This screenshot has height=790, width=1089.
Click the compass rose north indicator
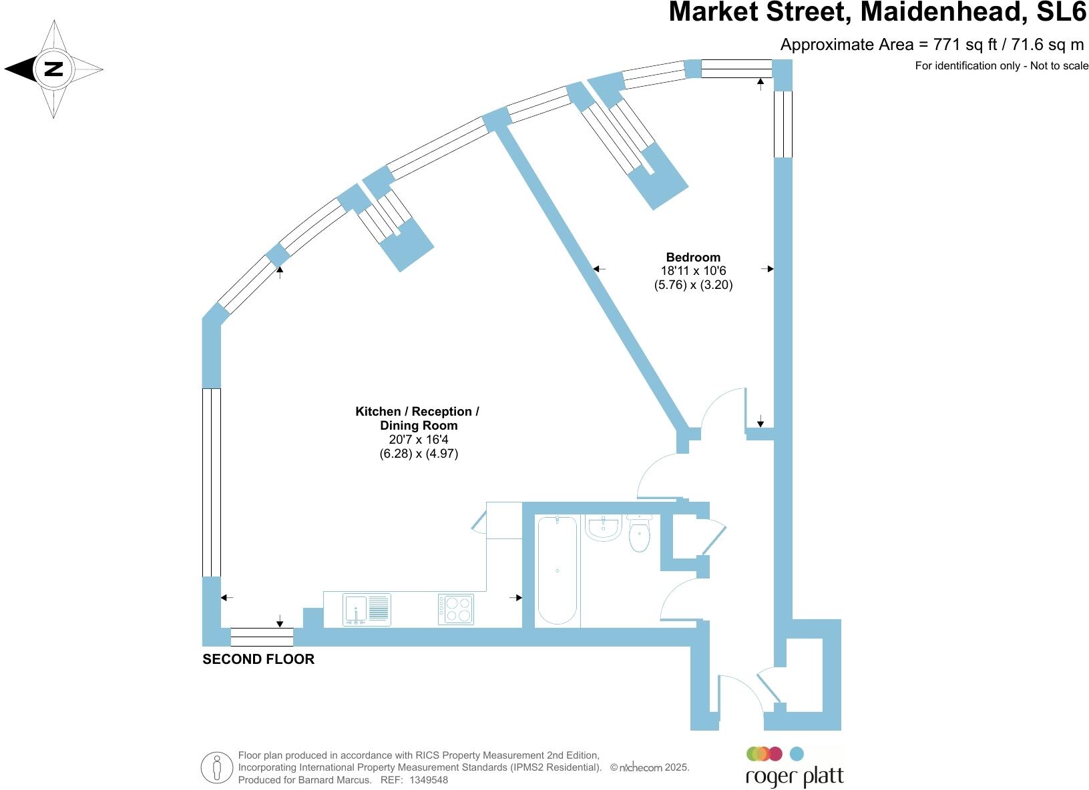click(x=53, y=69)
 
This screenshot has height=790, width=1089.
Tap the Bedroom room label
click(x=693, y=257)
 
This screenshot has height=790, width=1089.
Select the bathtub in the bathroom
click(x=557, y=570)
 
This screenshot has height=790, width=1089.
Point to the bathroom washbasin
click(x=604, y=528)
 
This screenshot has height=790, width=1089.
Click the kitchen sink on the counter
click(x=366, y=609)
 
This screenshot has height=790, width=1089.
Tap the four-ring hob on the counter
click(x=456, y=609)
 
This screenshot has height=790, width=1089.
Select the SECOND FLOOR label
click(x=258, y=659)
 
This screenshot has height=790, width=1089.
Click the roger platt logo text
click(x=794, y=777)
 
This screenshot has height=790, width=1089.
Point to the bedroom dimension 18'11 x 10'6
click(x=693, y=271)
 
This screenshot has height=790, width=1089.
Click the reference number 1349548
click(x=428, y=779)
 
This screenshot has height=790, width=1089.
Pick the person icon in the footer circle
click(x=217, y=768)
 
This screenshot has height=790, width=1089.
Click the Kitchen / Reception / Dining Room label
click(x=417, y=418)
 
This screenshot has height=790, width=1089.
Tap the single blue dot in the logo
click(x=797, y=754)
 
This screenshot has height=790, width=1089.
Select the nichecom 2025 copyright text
click(x=650, y=767)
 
